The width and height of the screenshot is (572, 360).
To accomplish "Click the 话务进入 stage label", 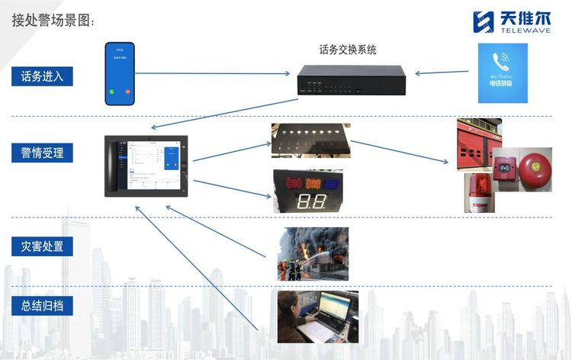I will tap(42, 76).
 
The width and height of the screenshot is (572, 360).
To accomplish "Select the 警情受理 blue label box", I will tap(42, 153).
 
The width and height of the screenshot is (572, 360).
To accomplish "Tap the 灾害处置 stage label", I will tap(42, 246).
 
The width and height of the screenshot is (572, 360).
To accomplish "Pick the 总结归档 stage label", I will tap(42, 307).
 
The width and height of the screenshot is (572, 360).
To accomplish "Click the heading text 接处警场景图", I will tap(53, 21).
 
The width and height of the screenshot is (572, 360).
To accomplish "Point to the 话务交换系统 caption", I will tap(348, 50).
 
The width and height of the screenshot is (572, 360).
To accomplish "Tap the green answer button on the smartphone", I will tap(111, 92).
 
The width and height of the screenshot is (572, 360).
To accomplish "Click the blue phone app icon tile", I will tap(503, 72).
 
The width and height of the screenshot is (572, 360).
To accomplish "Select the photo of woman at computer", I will tap(317, 317).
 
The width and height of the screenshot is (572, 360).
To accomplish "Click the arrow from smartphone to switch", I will tap(214, 74).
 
